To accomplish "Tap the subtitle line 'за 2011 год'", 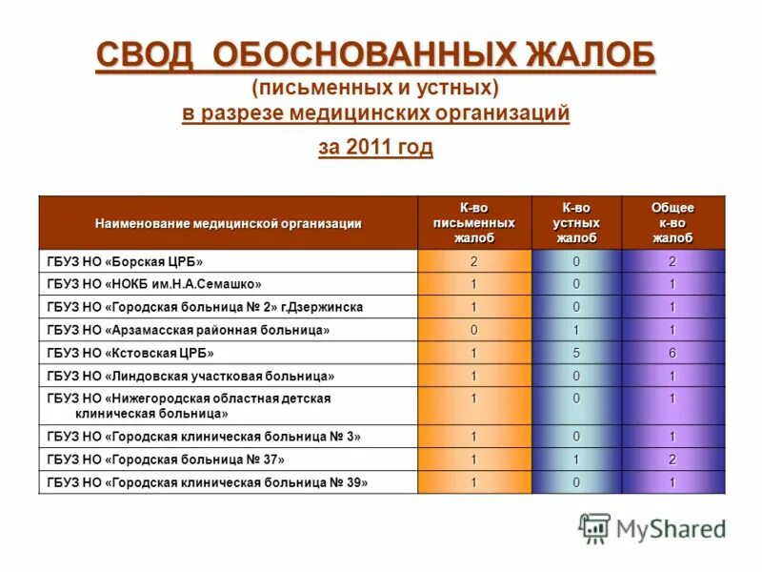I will click(x=375, y=147).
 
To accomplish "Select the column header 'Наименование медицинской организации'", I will click(x=228, y=223).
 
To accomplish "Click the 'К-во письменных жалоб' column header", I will click(x=473, y=222).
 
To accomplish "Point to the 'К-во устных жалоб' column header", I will click(x=576, y=222).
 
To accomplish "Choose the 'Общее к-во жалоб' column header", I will click(x=672, y=222).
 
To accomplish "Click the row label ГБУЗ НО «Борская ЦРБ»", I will click(x=125, y=261).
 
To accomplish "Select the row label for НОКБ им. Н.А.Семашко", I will click(x=153, y=284).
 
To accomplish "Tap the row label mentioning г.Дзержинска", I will click(x=204, y=307).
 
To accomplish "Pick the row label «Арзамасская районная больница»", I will click(x=188, y=330).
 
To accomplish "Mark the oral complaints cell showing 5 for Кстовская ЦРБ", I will click(x=576, y=353).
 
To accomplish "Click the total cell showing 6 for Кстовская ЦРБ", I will click(x=672, y=353).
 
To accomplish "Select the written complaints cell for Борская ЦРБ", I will click(x=473, y=261).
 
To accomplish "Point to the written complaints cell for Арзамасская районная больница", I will click(x=473, y=330).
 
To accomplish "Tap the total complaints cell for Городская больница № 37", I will click(x=672, y=460).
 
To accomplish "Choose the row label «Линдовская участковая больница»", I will click(x=190, y=376).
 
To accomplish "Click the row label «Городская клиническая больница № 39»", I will click(x=207, y=482).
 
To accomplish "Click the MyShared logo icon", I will click(x=594, y=527).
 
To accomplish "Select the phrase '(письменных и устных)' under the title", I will click(x=375, y=88).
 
